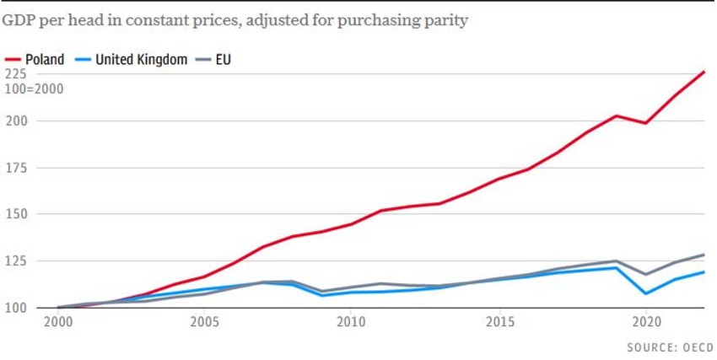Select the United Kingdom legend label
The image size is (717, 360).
pyautogui.click(x=141, y=59)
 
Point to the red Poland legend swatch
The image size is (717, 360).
pyautogui.click(x=13, y=59)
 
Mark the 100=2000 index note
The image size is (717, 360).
pyautogui.click(x=34, y=89)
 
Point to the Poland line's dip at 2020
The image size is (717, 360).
pyautogui.click(x=646, y=123)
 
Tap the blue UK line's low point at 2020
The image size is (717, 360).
pyautogui.click(x=646, y=293)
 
